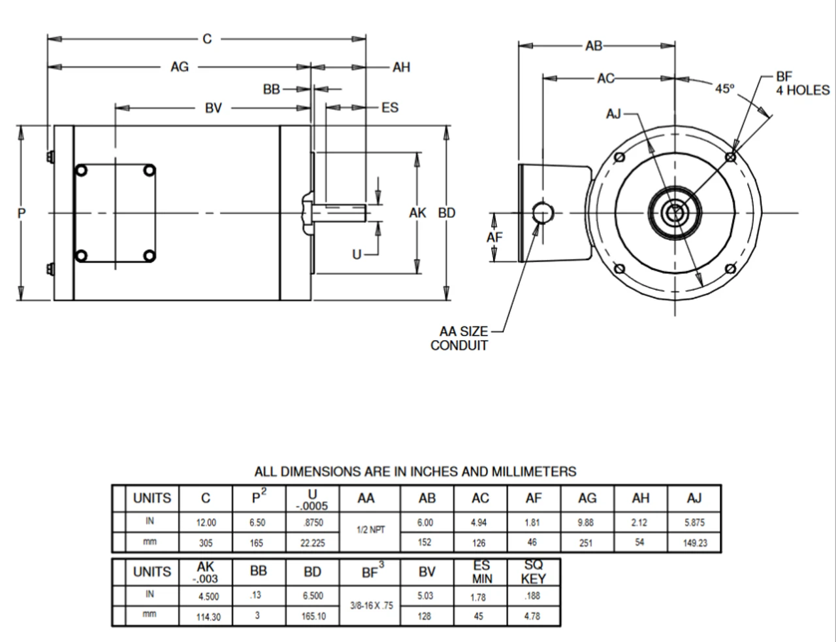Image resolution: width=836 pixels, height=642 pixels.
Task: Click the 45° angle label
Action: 724,89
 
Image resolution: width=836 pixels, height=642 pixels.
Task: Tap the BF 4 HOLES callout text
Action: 802,84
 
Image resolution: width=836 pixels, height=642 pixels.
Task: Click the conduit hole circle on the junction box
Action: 542,212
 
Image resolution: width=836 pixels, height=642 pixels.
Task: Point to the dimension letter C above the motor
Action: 207,39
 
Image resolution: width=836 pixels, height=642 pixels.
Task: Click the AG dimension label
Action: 180,67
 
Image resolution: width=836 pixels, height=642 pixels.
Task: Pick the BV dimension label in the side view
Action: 214,108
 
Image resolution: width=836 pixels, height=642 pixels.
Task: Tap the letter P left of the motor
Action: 22,213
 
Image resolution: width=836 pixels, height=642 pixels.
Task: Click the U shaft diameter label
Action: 357,254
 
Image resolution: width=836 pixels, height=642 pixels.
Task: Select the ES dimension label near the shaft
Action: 390,108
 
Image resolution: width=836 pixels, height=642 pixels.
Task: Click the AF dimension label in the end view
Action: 494,237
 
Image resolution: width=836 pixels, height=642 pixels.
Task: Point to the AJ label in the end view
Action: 613,114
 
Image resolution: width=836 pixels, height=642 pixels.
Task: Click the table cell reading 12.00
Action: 206,523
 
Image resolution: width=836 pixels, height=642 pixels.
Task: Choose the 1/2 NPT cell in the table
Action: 371,530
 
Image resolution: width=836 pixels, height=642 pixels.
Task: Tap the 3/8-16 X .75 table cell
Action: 372,606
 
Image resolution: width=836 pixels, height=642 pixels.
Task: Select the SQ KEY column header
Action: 533,572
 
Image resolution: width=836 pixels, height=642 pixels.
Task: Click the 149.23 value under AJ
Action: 695,543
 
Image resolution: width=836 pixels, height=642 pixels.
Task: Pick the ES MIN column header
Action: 482,572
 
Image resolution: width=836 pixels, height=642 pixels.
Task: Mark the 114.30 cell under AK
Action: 208,617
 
